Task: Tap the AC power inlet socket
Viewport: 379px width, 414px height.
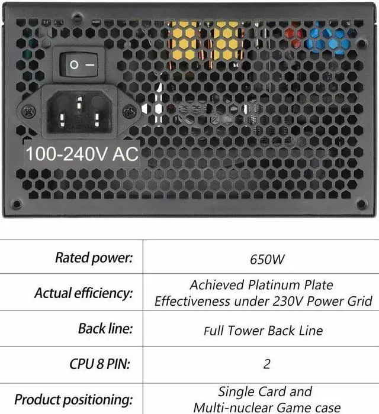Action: pos(78,111)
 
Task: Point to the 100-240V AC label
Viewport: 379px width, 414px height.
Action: pos(82,154)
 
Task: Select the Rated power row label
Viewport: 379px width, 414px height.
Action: pos(94,257)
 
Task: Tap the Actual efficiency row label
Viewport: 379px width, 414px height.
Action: pos(83,293)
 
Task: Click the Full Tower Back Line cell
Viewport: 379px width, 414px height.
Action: pos(264,329)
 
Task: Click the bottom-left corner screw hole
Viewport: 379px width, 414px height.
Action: pos(17,203)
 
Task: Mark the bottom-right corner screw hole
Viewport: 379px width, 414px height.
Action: pos(361,203)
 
